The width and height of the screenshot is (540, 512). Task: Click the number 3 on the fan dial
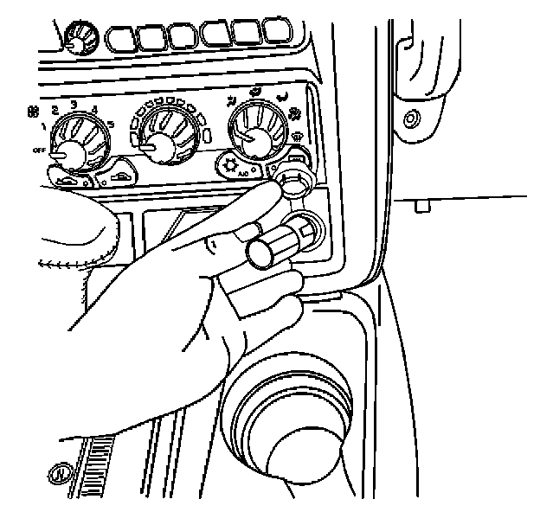74,105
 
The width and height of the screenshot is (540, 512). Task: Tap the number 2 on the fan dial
55,111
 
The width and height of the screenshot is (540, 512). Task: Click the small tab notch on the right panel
421,206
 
